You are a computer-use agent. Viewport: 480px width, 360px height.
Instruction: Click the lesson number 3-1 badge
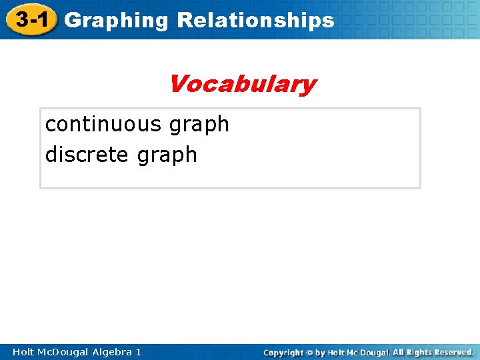31,19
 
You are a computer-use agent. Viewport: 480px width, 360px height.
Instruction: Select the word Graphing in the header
117,21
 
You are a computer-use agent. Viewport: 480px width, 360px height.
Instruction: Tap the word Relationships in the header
255,21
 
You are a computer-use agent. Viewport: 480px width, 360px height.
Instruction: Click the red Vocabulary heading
242,85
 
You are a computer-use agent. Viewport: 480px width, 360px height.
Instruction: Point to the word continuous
103,124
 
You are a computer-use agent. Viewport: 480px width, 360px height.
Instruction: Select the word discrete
87,155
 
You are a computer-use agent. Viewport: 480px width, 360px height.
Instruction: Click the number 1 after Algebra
138,352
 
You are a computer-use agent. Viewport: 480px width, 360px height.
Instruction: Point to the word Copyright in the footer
283,353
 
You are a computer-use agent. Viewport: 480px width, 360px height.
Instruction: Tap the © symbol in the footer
310,353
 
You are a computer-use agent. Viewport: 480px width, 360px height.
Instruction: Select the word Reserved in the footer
453,352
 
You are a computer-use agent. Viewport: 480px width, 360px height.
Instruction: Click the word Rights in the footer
419,352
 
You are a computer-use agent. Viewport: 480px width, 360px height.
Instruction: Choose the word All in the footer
398,352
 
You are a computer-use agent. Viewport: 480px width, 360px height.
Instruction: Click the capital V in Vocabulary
177,84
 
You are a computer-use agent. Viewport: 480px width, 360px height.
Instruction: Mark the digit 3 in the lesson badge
22,19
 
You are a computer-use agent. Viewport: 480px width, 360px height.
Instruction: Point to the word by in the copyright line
321,353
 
